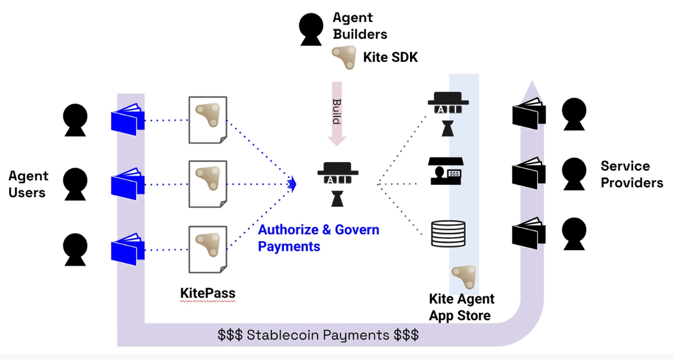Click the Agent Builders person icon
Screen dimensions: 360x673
point(311,28)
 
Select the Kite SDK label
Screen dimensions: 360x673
point(390,57)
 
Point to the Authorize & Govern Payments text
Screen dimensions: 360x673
point(318,238)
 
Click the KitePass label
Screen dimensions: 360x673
point(207,293)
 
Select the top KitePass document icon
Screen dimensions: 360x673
point(208,119)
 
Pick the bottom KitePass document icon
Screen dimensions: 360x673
point(208,248)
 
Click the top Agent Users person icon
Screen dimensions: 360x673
point(75,120)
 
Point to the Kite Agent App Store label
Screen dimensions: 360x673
point(461,306)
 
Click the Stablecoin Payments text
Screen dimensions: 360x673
point(318,335)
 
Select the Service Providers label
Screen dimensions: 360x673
point(631,174)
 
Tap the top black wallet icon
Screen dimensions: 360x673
point(529,112)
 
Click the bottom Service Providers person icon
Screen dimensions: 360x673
point(574,233)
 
